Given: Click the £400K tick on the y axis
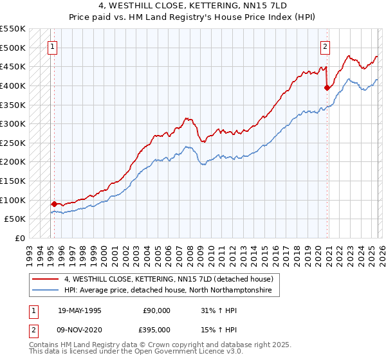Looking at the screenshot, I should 12,85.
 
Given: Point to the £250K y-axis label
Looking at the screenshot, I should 12,143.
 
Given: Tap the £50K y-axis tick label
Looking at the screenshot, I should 15,219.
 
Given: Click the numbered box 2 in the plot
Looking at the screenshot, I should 326,46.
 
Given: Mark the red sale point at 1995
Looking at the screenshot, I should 54,204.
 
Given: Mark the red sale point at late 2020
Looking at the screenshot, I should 327,88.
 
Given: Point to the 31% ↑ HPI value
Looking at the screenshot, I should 217,310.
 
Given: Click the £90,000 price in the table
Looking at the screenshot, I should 157,310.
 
